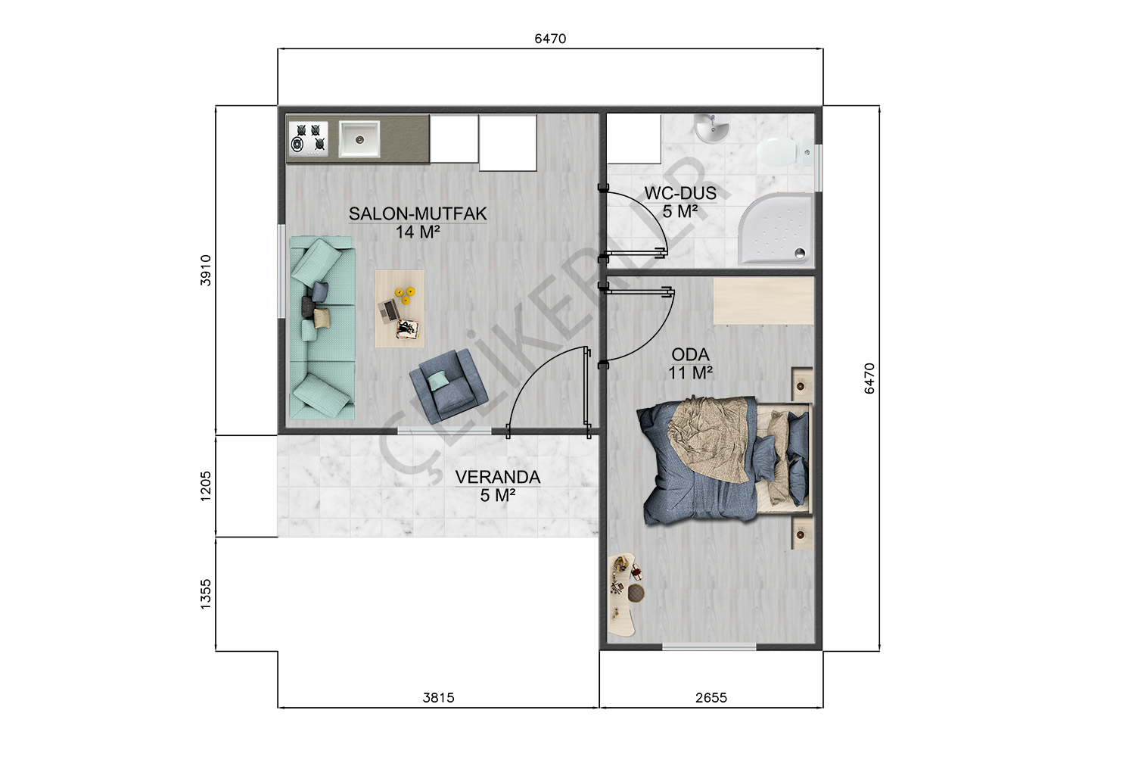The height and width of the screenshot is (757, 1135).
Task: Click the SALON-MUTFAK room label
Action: [x=418, y=213]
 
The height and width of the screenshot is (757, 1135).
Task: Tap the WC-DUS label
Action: [x=680, y=193]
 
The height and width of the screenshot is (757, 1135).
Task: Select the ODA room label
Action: [x=690, y=354]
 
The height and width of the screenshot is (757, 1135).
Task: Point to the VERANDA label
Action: [x=498, y=477]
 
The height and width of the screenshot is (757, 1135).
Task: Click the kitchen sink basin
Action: [x=359, y=139]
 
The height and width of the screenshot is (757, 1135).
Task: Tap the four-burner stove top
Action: [x=308, y=138]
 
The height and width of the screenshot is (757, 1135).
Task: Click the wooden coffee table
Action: [x=400, y=309]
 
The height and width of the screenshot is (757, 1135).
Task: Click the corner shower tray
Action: [x=776, y=229]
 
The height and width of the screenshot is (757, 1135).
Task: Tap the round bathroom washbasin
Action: [x=711, y=128]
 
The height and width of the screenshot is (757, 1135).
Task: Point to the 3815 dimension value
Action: [x=438, y=698]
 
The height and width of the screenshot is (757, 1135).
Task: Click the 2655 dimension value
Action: [x=711, y=698]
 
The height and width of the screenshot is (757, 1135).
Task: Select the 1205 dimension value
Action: [x=205, y=486]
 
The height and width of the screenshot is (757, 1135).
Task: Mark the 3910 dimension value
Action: [x=205, y=270]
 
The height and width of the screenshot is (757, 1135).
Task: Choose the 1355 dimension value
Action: [x=205, y=594]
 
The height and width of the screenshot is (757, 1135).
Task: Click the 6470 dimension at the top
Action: [x=550, y=39]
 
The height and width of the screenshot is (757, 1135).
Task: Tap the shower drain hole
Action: [x=800, y=252]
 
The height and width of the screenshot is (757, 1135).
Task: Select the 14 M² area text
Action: [x=418, y=232]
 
